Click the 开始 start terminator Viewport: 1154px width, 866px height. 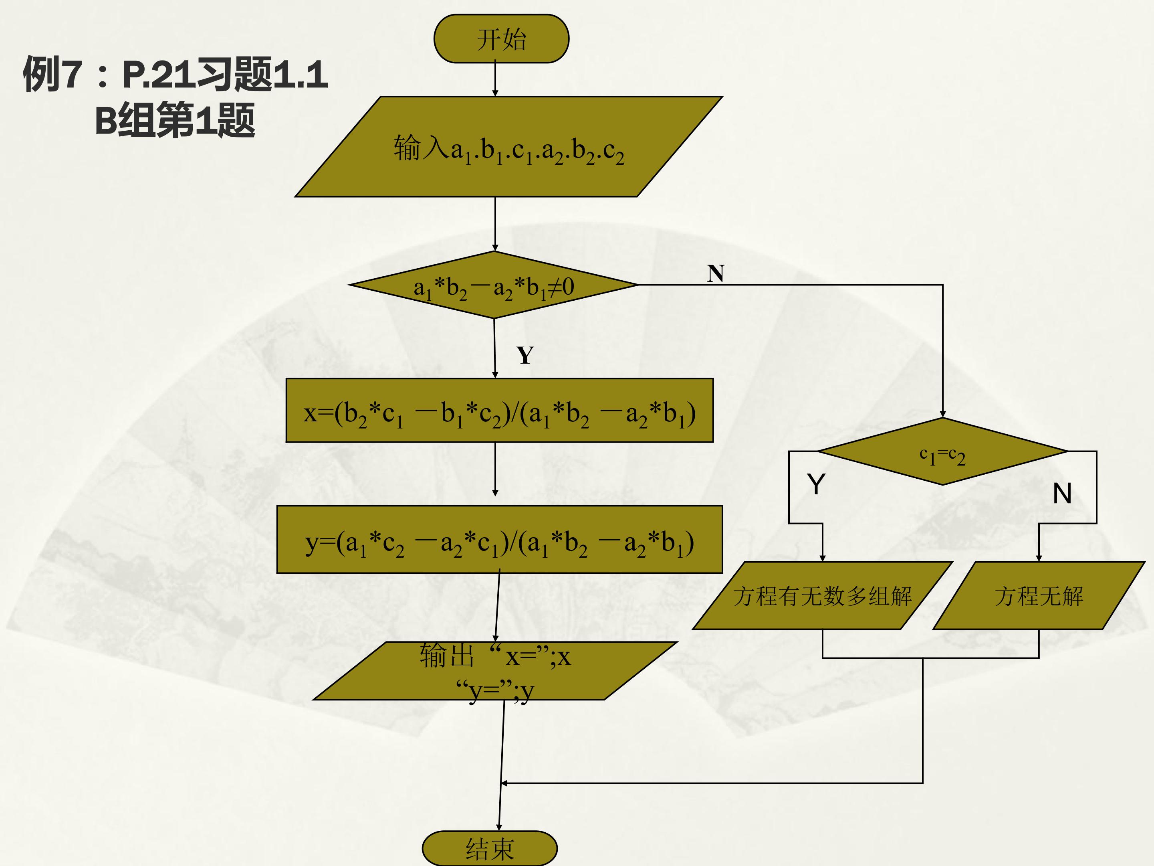[501, 38]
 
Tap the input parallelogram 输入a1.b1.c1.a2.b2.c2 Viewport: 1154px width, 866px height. [508, 147]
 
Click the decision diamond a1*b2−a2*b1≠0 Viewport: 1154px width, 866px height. [494, 285]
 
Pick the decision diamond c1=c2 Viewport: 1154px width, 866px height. [943, 451]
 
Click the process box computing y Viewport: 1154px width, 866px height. [500, 540]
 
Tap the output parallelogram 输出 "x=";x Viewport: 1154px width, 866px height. [495, 671]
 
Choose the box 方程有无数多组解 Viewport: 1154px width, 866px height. [823, 596]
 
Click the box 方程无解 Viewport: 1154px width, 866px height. [1039, 596]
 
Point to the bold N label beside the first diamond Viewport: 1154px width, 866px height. [716, 273]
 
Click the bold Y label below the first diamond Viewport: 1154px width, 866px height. [525, 356]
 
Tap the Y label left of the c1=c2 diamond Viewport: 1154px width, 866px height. [816, 484]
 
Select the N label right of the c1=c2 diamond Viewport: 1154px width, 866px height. [1062, 493]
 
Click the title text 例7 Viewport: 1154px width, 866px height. [52, 74]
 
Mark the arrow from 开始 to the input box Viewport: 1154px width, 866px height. [495, 79]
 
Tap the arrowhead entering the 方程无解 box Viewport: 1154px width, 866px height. [1039, 558]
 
